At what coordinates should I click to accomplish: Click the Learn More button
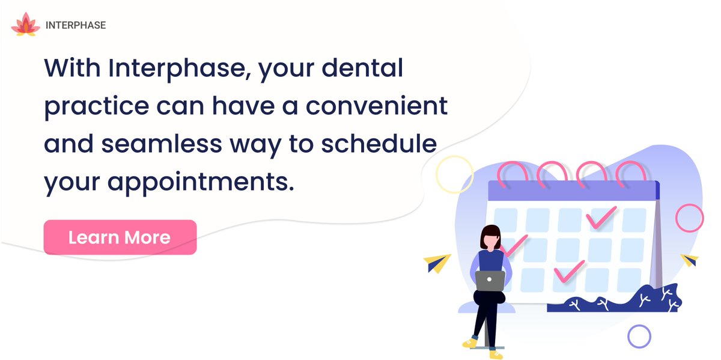pyautogui.click(x=120, y=237)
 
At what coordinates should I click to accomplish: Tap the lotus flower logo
pyautogui.click(x=25, y=25)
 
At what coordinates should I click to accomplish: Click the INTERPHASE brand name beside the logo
pyautogui.click(x=76, y=26)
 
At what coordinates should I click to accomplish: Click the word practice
pyautogui.click(x=96, y=106)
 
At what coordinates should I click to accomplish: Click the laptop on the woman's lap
pyautogui.click(x=490, y=280)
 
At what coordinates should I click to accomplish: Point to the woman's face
pyautogui.click(x=491, y=240)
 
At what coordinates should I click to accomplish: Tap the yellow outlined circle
pyautogui.click(x=455, y=174)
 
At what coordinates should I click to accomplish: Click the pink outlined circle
pyautogui.click(x=689, y=218)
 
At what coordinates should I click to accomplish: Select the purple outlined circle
pyautogui.click(x=639, y=336)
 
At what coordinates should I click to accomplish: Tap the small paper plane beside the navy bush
pyautogui.click(x=690, y=260)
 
